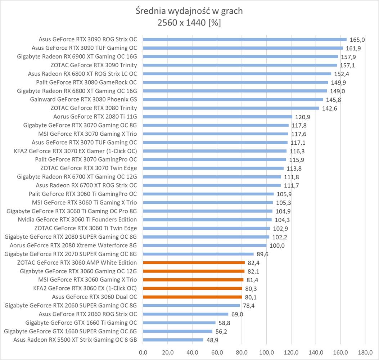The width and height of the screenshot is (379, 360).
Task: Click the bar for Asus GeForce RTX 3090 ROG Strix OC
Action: (245, 40)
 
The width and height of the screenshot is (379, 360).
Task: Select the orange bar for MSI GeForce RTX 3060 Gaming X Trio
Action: (193, 280)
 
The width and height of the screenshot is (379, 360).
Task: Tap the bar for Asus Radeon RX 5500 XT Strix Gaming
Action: (173, 340)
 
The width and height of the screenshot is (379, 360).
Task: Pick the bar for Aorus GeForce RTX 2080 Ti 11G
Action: (217, 117)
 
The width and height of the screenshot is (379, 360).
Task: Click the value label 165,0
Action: (357, 40)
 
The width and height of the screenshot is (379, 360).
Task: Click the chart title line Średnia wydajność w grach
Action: (189, 11)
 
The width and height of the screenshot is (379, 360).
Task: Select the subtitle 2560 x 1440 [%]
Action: (189, 23)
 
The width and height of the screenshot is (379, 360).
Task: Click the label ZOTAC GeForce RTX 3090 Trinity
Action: (94, 65)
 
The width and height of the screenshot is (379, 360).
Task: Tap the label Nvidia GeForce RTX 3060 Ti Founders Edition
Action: (77, 220)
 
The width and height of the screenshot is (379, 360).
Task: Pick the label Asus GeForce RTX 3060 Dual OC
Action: (94, 297)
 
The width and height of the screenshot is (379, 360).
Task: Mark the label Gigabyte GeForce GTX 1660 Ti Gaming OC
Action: (81, 323)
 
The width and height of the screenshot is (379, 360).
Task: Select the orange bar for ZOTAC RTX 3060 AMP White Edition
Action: (194, 263)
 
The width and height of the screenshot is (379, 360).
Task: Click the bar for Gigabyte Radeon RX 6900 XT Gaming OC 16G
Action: (240, 57)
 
